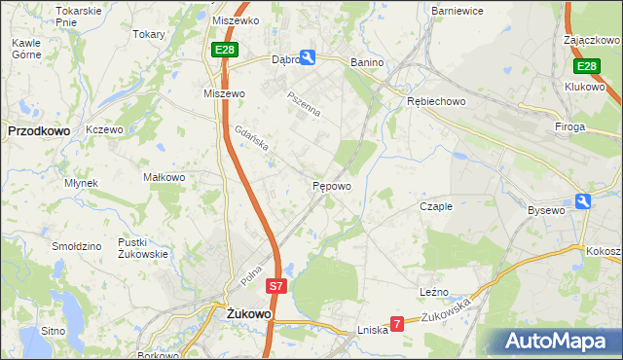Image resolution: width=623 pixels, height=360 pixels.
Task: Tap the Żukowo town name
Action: click(246, 314)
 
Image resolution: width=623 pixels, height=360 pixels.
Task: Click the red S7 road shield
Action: click(277, 286)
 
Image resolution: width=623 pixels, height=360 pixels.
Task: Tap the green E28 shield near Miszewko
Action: click(225, 49)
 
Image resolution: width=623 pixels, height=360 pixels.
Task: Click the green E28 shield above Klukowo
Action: click(585, 66)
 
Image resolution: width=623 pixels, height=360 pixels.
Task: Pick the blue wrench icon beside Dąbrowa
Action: click(308, 58)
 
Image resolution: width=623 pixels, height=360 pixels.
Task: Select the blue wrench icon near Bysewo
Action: click(583, 201)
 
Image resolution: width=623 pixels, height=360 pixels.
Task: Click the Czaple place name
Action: click(436, 206)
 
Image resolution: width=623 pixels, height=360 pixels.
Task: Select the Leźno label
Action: click(433, 291)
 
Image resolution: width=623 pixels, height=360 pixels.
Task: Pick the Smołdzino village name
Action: click(78, 246)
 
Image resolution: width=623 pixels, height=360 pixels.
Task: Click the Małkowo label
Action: click(164, 177)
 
